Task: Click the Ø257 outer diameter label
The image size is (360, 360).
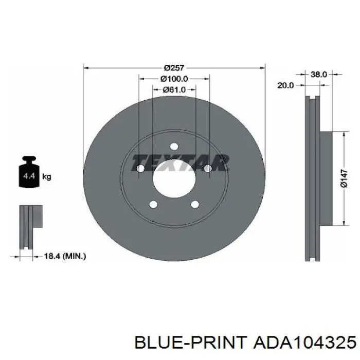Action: click(174, 68)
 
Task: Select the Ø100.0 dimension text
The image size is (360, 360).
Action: click(174, 79)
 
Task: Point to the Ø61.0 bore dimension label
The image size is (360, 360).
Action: click(174, 89)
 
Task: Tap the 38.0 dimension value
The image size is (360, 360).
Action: click(319, 75)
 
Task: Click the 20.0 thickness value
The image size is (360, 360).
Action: click(285, 85)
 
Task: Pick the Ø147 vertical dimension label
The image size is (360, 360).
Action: click(344, 178)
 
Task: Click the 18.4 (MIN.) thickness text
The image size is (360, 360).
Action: click(65, 256)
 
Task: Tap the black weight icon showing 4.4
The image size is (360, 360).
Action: click(29, 172)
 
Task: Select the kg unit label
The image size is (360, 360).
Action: click(47, 177)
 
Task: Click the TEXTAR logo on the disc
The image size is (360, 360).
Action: click(180, 163)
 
